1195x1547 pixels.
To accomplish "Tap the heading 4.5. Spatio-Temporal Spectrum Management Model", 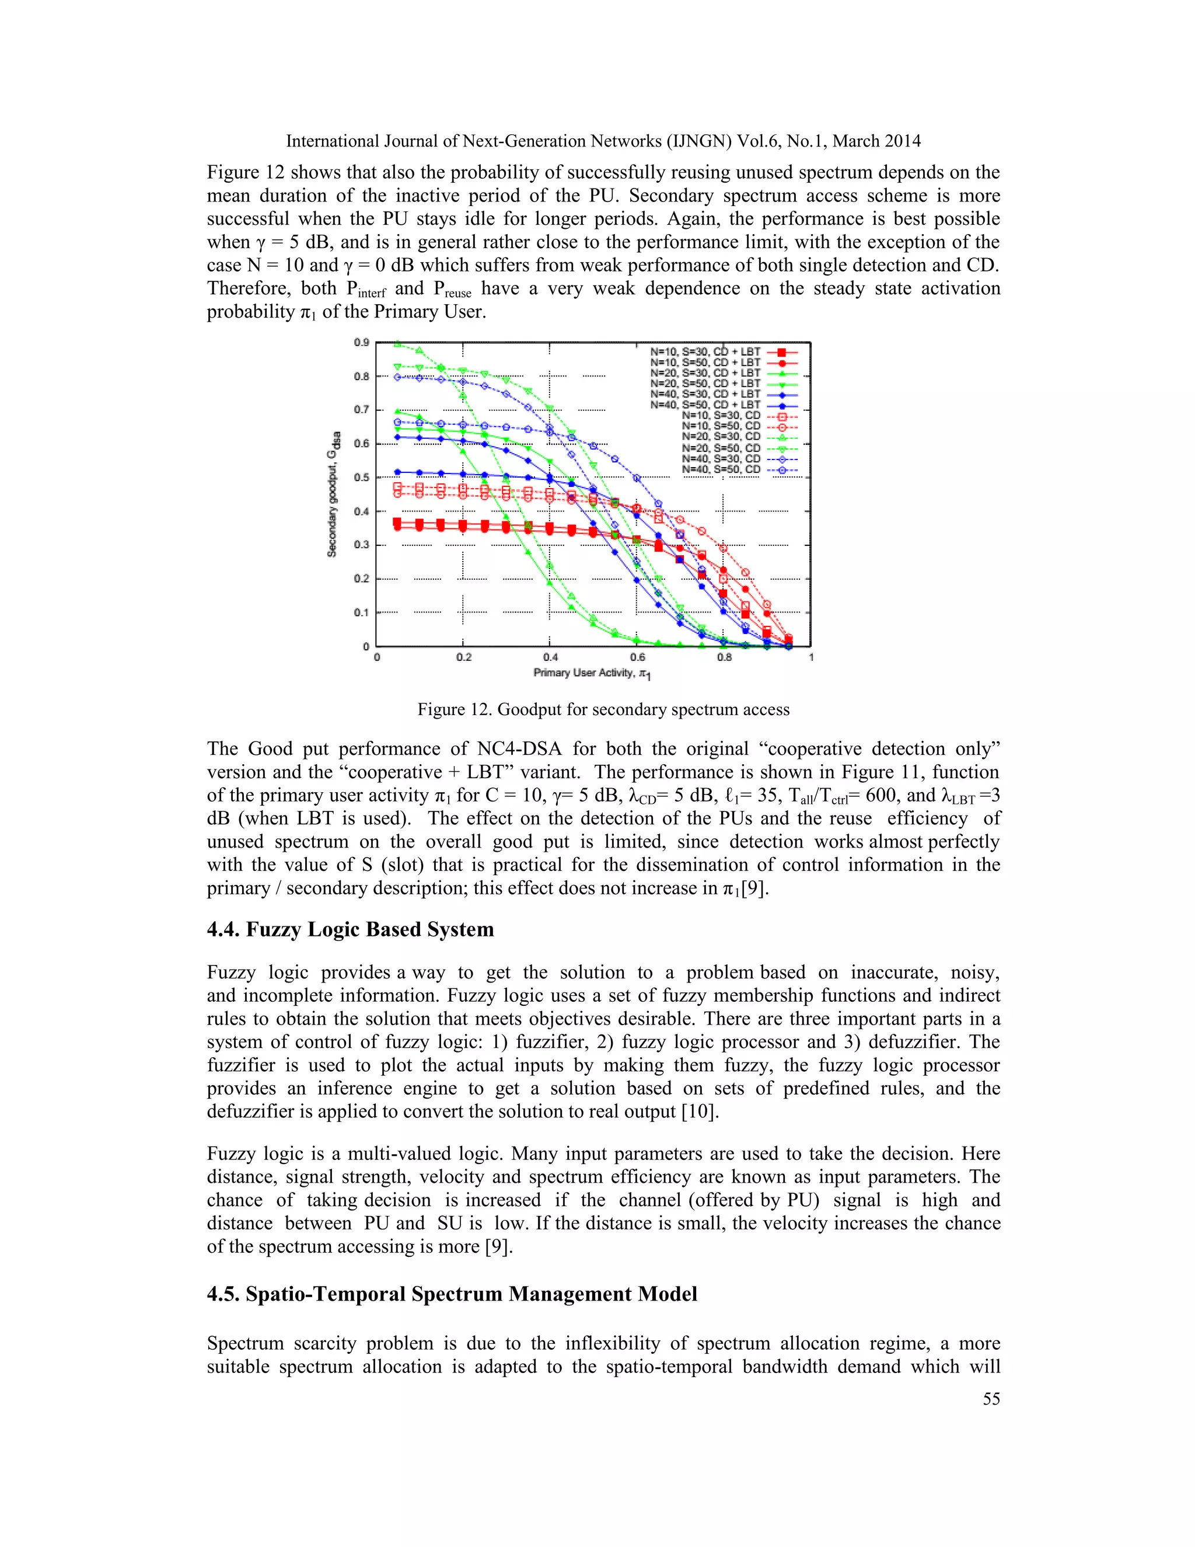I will (452, 1294).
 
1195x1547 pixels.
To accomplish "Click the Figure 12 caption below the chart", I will (603, 709).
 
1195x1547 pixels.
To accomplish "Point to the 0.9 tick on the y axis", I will (361, 343).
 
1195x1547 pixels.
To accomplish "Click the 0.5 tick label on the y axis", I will (361, 478).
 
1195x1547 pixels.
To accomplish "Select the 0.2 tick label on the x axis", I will (464, 657).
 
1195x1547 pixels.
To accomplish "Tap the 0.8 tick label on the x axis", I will (724, 657).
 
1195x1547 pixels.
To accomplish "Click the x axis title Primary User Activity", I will (592, 673).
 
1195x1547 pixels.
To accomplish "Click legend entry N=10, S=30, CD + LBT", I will (705, 351).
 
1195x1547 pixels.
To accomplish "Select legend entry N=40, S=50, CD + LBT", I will (705, 405).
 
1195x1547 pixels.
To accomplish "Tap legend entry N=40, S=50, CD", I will (721, 469).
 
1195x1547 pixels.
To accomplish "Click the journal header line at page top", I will (603, 141).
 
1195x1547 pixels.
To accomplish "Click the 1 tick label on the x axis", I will (811, 657).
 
